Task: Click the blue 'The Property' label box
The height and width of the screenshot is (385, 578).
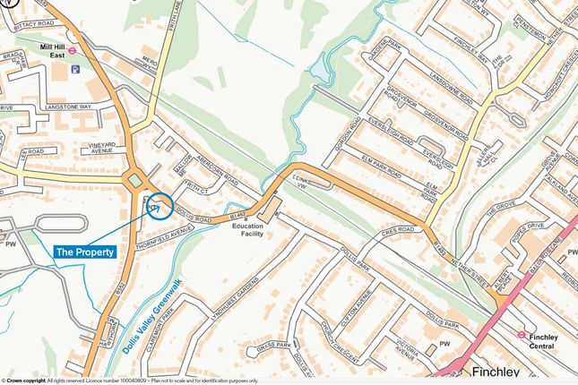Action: pyautogui.click(x=86, y=252)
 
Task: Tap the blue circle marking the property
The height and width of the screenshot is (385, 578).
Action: pyautogui.click(x=160, y=206)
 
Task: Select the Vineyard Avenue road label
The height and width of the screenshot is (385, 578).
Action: pyautogui.click(x=92, y=147)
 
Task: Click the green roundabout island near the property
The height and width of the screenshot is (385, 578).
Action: pyautogui.click(x=135, y=182)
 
